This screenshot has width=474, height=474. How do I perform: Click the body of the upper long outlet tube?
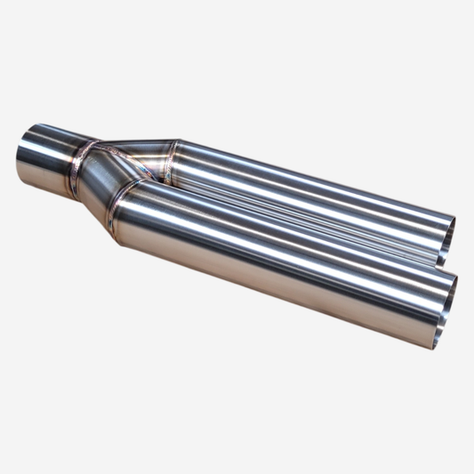pos(311,191)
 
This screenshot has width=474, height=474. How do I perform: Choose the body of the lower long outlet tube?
pos(285,253)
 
